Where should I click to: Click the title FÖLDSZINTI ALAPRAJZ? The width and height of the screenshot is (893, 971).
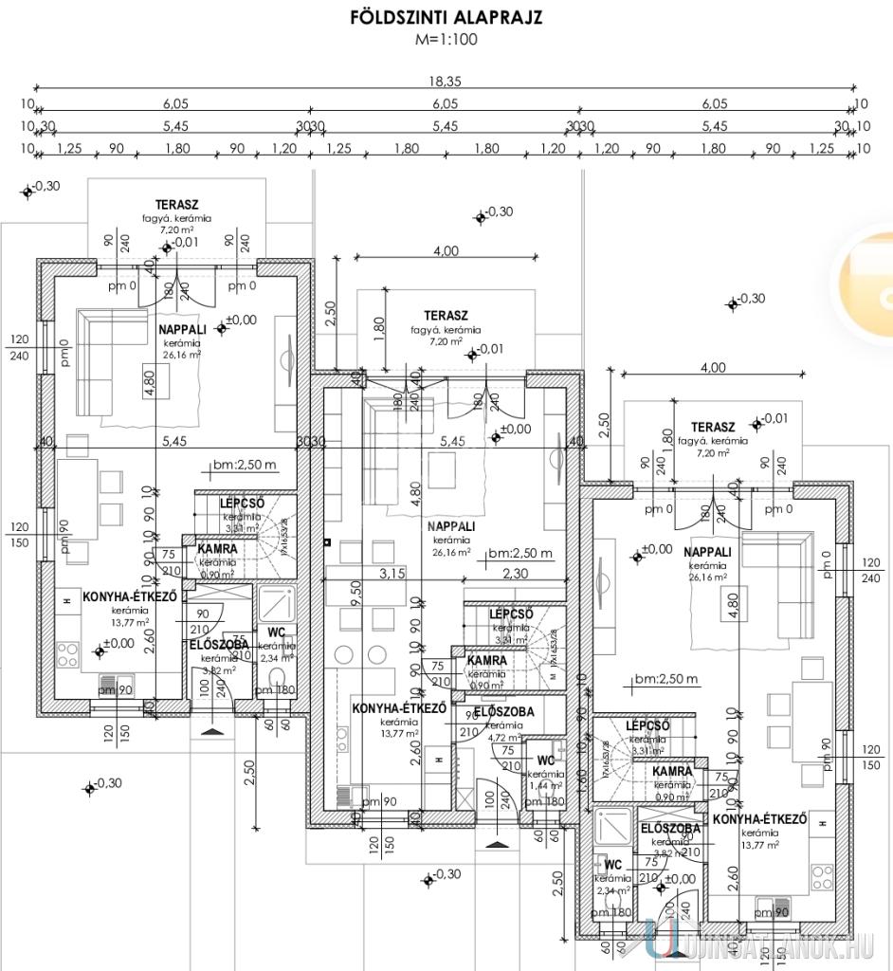pos(446,18)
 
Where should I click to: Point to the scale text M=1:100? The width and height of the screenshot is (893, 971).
pos(446,40)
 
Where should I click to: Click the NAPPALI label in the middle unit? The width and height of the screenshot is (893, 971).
pos(451,526)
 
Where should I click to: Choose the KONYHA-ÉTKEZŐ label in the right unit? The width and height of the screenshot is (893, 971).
pos(759,818)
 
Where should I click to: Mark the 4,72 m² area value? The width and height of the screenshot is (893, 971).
pos(504,737)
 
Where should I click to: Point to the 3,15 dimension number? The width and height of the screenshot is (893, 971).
pos(392,573)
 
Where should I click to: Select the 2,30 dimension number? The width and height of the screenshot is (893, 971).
pos(516,573)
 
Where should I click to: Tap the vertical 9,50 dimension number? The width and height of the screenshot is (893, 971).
pos(328,597)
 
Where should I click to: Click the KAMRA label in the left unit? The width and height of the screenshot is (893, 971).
pos(217,549)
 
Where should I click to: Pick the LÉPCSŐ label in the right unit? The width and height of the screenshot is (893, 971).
pos(649,725)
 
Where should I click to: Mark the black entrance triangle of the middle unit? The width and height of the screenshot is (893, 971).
pos(497,842)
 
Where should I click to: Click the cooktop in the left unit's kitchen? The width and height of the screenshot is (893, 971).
pos(69,653)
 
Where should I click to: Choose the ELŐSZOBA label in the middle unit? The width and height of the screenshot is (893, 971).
pos(503,711)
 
